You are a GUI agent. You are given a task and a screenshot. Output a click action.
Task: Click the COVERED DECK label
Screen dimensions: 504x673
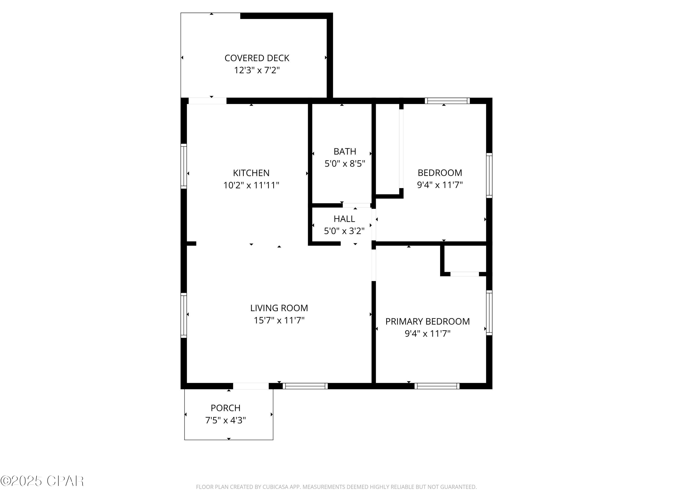tap(257, 58)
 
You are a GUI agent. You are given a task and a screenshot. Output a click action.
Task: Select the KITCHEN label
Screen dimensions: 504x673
tap(251, 173)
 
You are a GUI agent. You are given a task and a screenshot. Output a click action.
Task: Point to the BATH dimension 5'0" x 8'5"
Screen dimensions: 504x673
tap(345, 164)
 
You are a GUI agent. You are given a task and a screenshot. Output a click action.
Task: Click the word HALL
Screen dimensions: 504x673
tap(344, 219)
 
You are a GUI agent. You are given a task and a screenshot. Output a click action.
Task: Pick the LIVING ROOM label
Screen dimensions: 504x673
tap(279, 308)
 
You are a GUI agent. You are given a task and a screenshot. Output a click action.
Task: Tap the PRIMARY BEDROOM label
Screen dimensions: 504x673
tap(428, 321)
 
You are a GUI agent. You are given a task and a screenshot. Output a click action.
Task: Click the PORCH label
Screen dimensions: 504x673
tap(225, 408)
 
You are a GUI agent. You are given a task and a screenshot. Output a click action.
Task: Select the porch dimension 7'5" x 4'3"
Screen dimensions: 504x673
tap(225, 420)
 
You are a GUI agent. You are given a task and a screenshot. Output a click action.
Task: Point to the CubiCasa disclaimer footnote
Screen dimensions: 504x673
tap(336, 487)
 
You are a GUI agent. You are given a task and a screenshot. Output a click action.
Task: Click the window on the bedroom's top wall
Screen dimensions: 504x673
tap(447, 101)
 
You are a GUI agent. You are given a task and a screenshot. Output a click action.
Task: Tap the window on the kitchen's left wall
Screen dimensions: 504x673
tap(184, 166)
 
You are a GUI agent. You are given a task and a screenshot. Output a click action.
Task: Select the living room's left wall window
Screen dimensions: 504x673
tap(184, 315)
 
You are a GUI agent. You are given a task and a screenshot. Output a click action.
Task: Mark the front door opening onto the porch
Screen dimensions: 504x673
tap(251, 386)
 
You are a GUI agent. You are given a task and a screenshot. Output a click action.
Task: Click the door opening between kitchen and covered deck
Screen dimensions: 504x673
tap(208, 101)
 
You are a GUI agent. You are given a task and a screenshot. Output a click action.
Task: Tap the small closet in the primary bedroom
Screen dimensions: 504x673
tap(465, 259)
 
